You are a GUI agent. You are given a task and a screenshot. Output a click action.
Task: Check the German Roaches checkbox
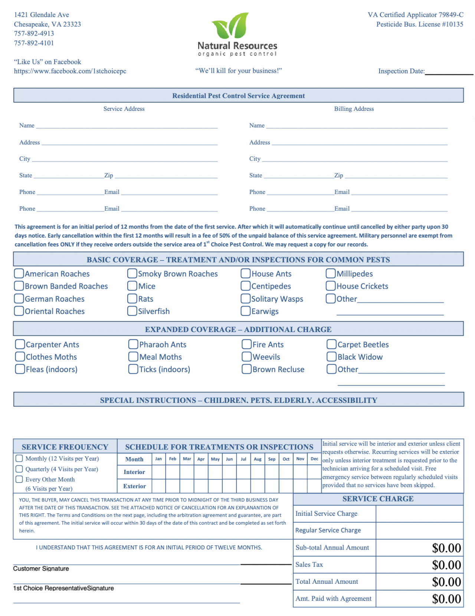[19, 299]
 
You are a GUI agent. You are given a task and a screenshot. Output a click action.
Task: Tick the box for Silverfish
[132, 311]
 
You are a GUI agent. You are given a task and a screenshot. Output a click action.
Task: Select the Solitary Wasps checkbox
[245, 299]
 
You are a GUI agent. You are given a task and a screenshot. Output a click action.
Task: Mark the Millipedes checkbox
[331, 274]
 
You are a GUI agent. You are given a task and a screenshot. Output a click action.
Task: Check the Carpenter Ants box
[20, 344]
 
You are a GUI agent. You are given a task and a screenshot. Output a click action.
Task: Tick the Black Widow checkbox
[331, 357]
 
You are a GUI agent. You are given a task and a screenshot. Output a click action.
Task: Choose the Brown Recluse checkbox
[246, 369]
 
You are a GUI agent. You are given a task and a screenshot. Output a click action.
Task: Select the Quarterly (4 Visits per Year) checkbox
[19, 469]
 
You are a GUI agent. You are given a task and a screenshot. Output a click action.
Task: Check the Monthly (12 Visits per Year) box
[19, 458]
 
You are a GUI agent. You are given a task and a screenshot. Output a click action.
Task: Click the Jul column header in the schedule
[243, 459]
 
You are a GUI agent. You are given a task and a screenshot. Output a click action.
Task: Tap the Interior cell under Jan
[158, 472]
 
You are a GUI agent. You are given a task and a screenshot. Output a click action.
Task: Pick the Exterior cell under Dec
[314, 486]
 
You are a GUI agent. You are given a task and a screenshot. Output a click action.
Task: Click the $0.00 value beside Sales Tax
[446, 565]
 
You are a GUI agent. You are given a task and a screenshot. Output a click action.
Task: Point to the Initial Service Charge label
[326, 514]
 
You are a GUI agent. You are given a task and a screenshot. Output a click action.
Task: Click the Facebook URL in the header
[70, 71]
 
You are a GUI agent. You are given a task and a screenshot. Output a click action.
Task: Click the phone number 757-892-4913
[34, 33]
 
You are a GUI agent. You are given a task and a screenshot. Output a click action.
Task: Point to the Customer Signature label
[41, 569]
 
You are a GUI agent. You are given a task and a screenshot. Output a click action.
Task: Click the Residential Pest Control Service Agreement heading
[238, 96]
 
